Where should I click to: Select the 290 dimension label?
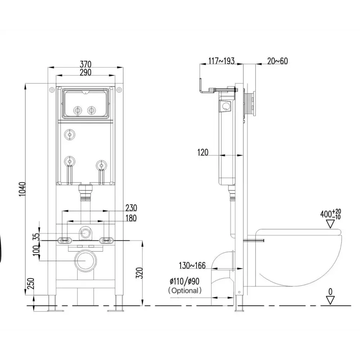click(x=85, y=72)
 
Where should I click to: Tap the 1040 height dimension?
click(x=22, y=189)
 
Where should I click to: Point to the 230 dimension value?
click(x=131, y=208)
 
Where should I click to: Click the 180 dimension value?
click(x=131, y=218)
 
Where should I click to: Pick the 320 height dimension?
click(x=139, y=273)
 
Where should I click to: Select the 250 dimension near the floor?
click(x=31, y=284)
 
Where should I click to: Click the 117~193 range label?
click(x=221, y=61)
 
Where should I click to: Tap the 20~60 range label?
click(x=277, y=61)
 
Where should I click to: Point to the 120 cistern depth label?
click(x=203, y=152)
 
